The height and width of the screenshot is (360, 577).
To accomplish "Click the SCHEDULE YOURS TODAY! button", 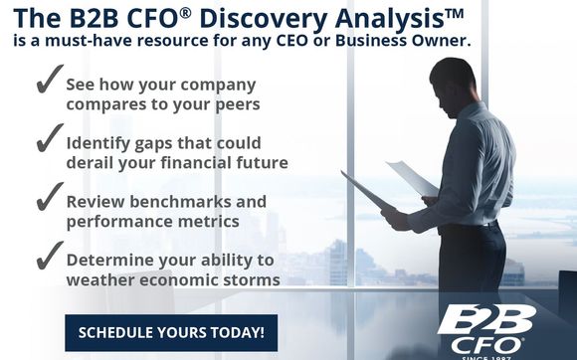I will click(x=171, y=332).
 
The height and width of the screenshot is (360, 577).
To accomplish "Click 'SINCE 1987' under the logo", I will click(x=486, y=355).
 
